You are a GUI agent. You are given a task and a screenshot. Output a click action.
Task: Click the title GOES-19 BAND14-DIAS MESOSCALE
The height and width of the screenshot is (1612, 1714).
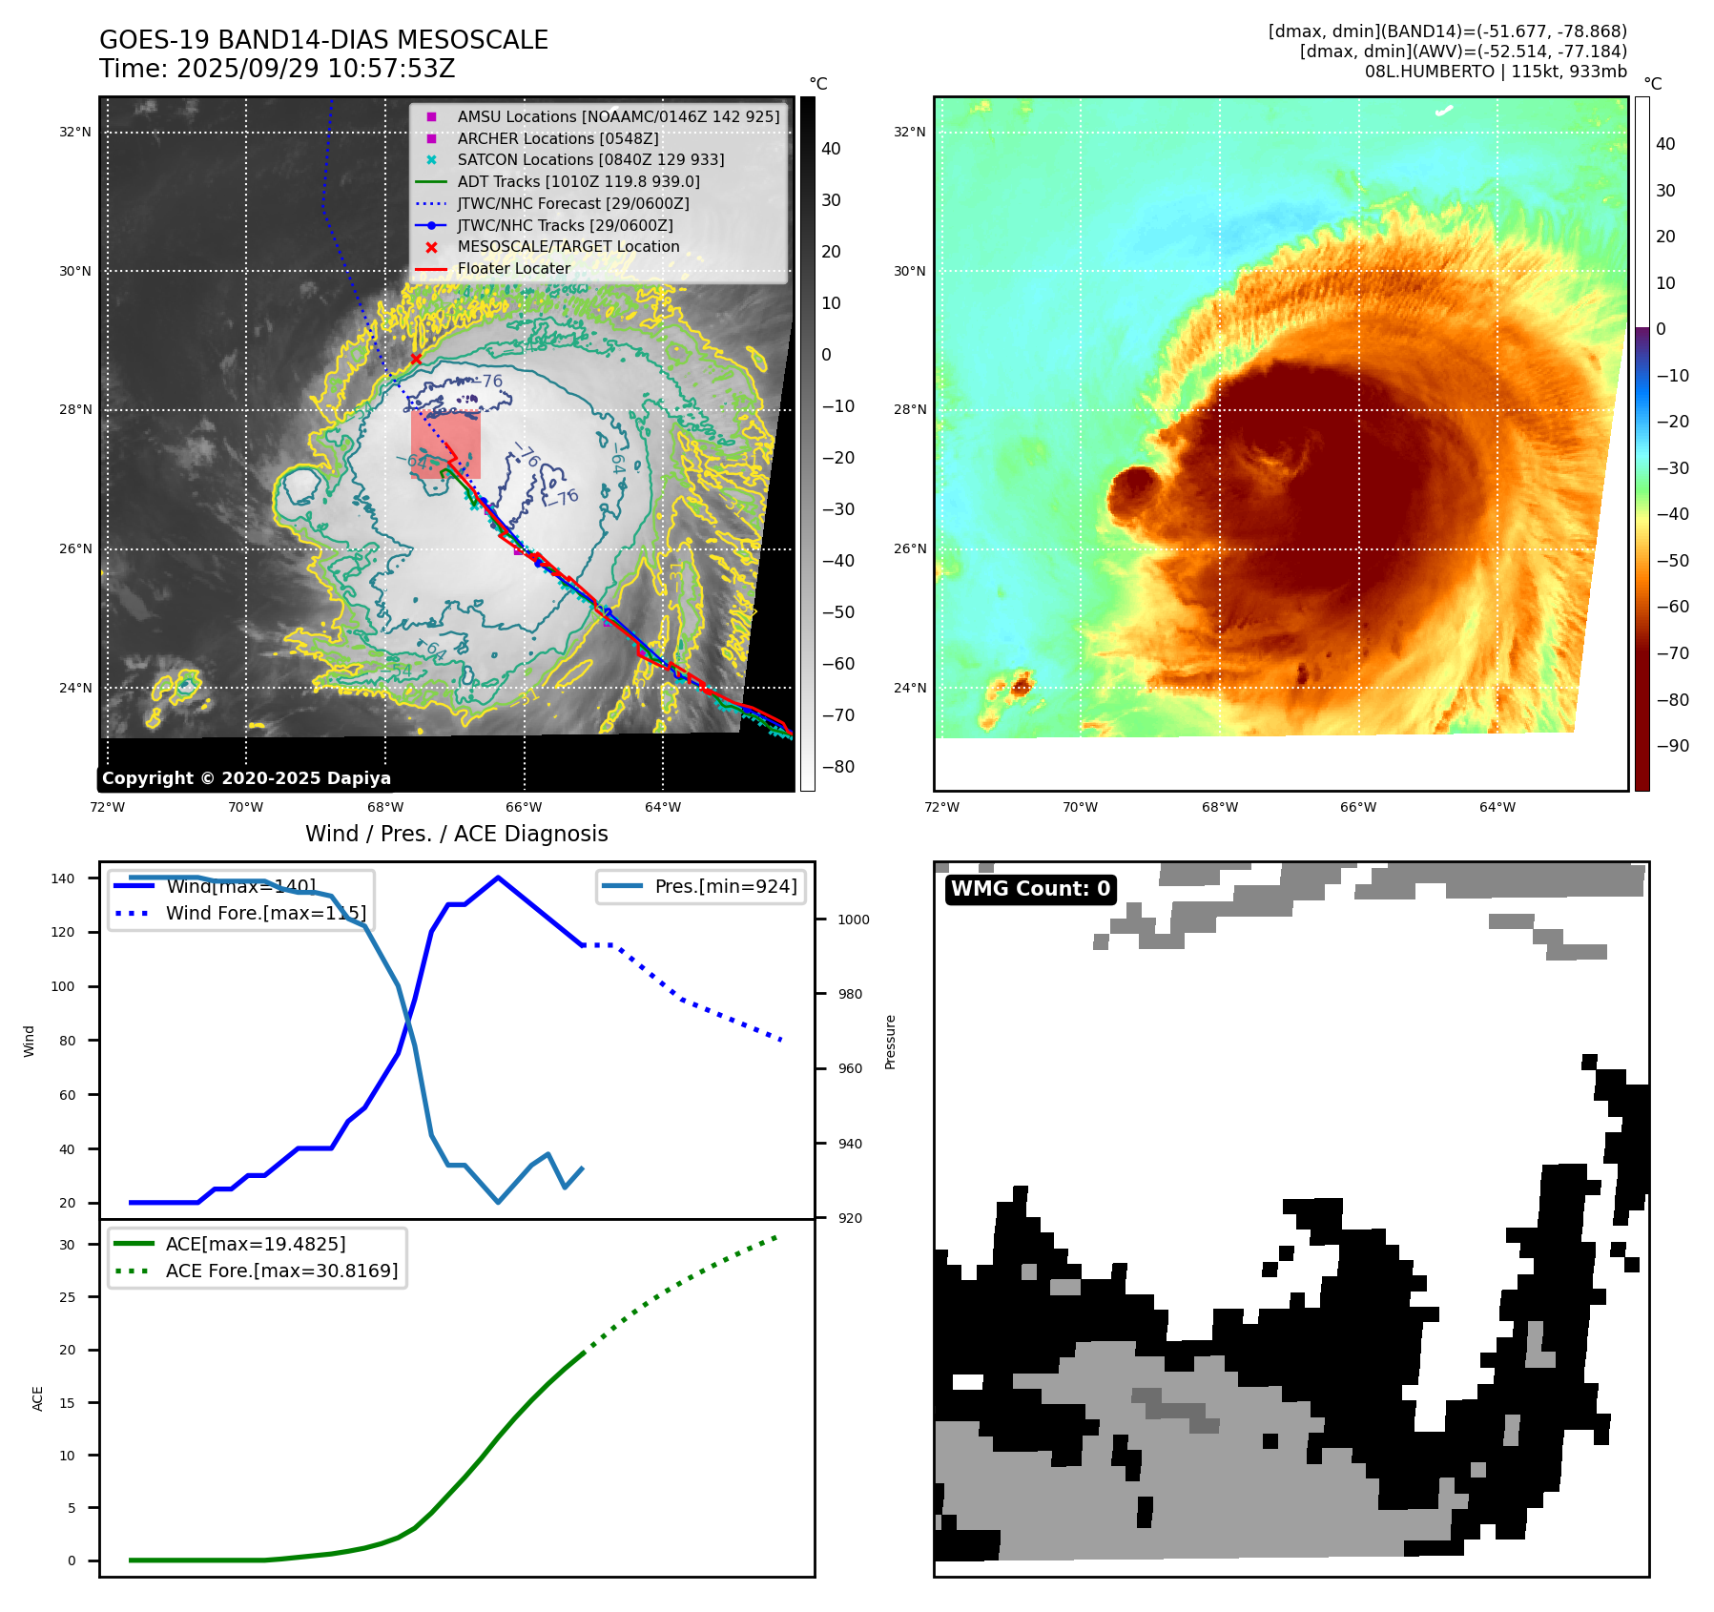click(x=323, y=40)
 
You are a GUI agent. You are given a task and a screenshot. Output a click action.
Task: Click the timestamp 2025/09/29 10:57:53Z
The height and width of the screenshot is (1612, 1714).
click(x=316, y=70)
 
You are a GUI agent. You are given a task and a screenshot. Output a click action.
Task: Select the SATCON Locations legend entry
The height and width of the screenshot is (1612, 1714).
click(x=590, y=160)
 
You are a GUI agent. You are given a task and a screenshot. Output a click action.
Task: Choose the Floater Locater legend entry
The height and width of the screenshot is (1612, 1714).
click(x=513, y=269)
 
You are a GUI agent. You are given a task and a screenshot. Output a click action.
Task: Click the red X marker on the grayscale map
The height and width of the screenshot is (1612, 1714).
click(x=416, y=359)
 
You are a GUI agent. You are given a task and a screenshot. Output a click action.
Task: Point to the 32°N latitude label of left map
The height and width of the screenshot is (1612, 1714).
click(x=75, y=133)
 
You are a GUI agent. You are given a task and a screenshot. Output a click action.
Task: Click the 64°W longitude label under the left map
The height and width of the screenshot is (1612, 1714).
click(x=663, y=808)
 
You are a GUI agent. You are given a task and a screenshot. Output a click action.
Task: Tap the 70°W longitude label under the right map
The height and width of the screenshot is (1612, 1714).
click(x=1081, y=808)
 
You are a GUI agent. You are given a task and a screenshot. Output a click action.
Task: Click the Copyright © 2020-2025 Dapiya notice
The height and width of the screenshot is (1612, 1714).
click(x=246, y=778)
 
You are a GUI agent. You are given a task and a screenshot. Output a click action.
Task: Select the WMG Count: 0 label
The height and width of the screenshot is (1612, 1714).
click(x=1030, y=889)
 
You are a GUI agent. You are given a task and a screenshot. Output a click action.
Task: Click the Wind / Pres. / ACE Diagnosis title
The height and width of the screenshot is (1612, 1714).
click(x=456, y=834)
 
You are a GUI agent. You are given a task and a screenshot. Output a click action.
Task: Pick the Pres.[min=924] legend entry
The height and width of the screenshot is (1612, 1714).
click(x=725, y=886)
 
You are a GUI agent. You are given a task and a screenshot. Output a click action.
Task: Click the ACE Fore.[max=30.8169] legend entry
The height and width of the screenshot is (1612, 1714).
click(x=281, y=1271)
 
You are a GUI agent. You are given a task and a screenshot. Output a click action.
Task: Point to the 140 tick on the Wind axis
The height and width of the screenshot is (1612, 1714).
click(x=63, y=878)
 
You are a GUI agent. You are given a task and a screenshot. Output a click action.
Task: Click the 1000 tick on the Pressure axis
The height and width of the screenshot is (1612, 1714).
click(x=853, y=920)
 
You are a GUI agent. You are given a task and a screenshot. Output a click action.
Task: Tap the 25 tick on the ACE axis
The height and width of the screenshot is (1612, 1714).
click(x=67, y=1297)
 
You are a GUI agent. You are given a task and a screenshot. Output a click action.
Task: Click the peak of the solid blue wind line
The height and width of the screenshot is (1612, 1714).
click(x=498, y=878)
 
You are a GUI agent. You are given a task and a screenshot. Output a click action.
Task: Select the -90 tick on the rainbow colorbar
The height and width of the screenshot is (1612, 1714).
click(x=1672, y=746)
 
